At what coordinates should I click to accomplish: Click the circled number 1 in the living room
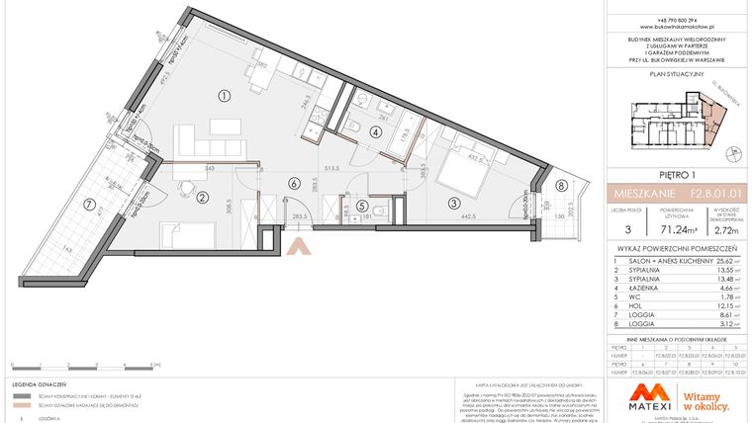click(x=225, y=96)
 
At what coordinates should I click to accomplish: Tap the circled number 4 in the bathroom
click(x=375, y=131)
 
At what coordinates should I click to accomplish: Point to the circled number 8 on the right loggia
click(x=561, y=185)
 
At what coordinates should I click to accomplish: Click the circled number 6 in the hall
click(x=293, y=182)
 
